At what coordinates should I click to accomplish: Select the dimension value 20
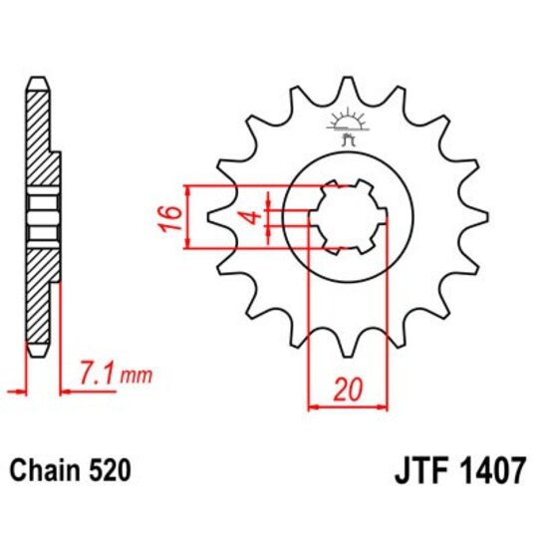click(346, 391)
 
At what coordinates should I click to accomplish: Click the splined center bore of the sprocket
click(348, 214)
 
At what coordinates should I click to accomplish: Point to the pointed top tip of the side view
click(38, 79)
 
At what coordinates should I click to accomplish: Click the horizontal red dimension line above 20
click(347, 406)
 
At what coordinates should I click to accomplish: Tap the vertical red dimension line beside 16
click(188, 215)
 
